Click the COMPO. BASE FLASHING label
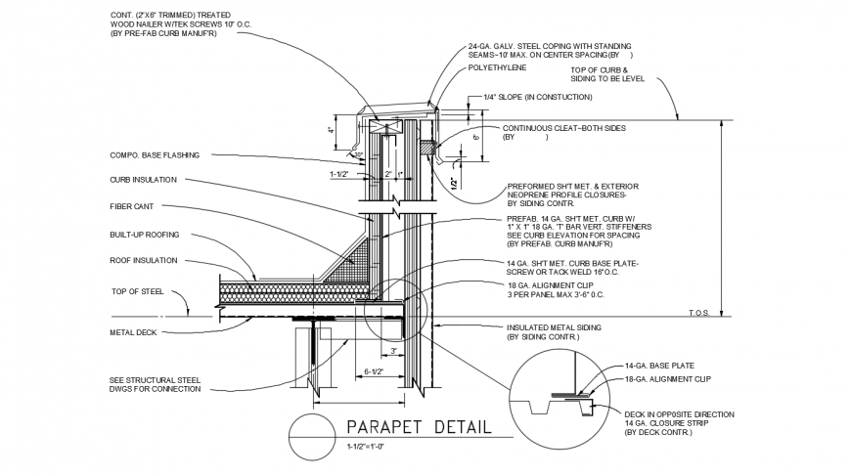pyautogui.click(x=155, y=155)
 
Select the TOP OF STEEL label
pyautogui.click(x=136, y=292)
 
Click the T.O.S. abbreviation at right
pyautogui.click(x=697, y=313)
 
